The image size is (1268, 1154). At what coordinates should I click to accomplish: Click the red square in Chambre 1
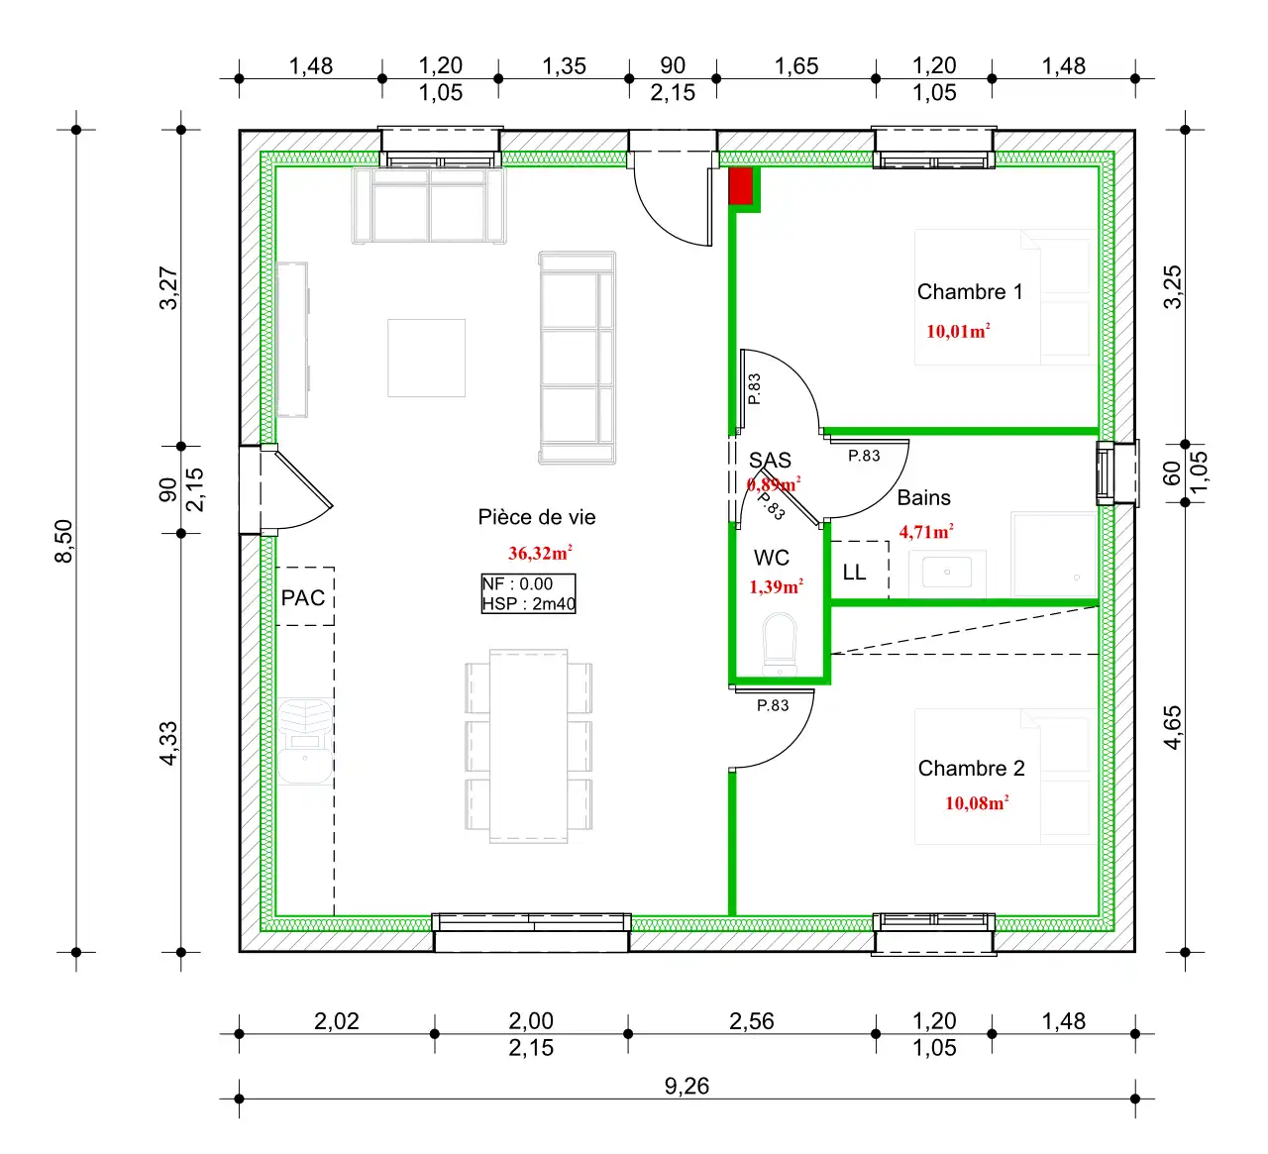740,186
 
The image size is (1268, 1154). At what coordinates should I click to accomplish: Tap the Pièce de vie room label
537,517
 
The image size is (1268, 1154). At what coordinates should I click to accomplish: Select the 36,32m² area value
540,553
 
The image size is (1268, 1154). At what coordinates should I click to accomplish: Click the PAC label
303,597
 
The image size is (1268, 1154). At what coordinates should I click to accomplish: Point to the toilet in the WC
780,644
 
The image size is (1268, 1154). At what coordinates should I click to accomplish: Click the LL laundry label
854,573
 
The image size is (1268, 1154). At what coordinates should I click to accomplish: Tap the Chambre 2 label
971,768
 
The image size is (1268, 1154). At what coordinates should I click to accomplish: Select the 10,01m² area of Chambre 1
958,331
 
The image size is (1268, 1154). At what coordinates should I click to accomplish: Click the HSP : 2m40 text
528,604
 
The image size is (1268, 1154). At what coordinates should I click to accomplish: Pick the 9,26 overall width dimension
687,1086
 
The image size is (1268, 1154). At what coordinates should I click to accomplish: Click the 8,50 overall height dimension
64,541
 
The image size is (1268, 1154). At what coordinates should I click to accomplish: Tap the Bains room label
923,497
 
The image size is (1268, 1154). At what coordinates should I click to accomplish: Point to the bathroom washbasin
946,573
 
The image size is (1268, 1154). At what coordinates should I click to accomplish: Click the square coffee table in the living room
426,358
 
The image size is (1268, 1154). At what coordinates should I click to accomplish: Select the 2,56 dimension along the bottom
751,1021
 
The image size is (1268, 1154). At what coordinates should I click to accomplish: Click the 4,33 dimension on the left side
168,744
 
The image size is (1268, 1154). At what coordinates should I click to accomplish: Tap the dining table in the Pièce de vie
528,746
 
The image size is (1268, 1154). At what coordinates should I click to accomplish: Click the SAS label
770,460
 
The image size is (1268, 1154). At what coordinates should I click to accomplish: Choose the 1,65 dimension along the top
796,65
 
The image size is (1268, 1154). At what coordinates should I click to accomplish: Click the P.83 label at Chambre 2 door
773,705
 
